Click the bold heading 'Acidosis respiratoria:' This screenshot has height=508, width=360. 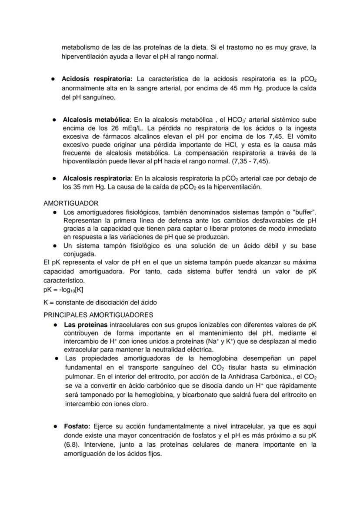coord(97,79)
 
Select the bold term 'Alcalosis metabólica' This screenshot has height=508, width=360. coord(96,120)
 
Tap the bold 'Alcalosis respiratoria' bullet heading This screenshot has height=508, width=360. coord(97,179)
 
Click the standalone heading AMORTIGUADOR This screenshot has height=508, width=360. coord(71,203)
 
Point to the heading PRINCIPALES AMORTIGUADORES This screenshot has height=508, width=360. coord(98,315)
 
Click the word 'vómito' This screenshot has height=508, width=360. coord(306,136)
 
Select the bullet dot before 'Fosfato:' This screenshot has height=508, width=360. coord(56,426)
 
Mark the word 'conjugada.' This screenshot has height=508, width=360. coord(80,254)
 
